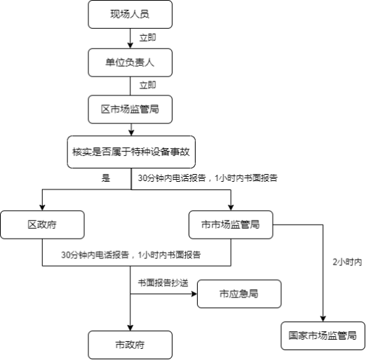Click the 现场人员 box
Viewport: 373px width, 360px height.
[x=130, y=14]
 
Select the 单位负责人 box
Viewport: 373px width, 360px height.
[x=130, y=62]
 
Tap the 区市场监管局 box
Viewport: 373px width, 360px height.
[x=130, y=109]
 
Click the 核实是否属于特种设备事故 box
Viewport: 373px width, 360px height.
[x=131, y=152]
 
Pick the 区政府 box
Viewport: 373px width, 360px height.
[x=42, y=225]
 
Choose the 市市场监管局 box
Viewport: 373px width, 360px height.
[x=231, y=225]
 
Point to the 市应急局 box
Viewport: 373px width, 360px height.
[x=239, y=294]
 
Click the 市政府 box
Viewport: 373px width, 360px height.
[x=130, y=345]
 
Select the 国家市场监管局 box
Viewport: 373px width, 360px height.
[x=323, y=335]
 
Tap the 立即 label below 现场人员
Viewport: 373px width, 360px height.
[x=148, y=38]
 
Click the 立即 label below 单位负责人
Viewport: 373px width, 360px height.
[x=148, y=85]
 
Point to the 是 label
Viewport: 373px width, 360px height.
[x=106, y=178]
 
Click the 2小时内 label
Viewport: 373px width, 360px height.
[x=347, y=262]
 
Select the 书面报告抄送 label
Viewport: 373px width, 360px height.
[x=163, y=283]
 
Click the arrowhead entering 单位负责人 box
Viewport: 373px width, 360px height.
[x=130, y=46]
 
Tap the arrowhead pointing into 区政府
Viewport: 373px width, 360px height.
[x=42, y=208]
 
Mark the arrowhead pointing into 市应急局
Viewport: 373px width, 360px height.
[x=194, y=294]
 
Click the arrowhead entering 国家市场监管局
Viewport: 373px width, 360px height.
[x=323, y=319]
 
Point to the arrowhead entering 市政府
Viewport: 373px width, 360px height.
[x=130, y=328]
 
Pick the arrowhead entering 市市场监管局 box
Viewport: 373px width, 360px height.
[x=231, y=208]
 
